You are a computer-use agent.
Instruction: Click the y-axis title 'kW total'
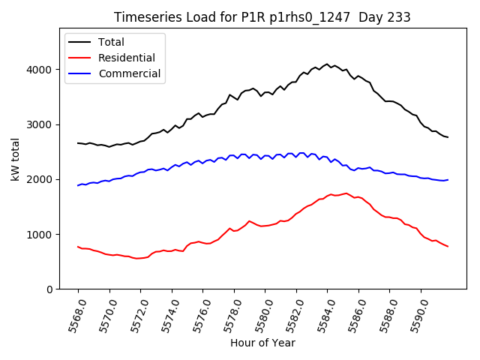(16, 160)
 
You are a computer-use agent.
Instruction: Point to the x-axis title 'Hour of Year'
(262, 343)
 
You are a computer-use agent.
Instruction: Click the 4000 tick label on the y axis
(43, 70)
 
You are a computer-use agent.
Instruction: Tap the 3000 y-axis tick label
(43, 124)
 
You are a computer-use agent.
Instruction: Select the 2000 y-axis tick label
(43, 179)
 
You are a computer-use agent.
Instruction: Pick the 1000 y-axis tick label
(43, 234)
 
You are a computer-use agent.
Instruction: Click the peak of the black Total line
(327, 64)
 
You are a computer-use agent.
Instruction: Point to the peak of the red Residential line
(346, 193)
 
